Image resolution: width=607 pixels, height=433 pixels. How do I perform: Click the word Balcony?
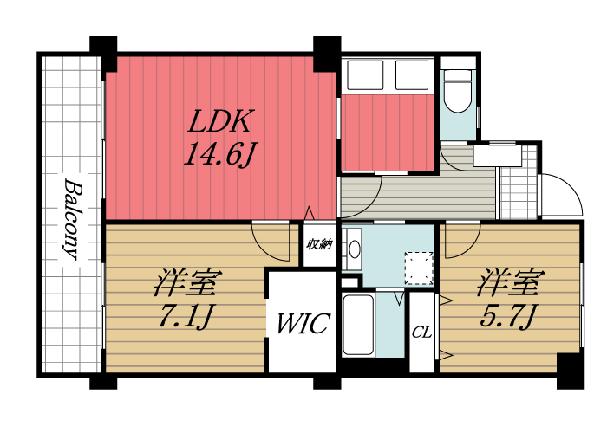(x=72, y=220)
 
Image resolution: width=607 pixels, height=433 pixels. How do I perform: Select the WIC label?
(x=303, y=325)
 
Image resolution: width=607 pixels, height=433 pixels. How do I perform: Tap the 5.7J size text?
(x=511, y=316)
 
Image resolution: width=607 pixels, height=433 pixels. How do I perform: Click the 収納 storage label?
(x=319, y=244)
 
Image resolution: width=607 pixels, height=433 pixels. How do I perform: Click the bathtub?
(x=358, y=325)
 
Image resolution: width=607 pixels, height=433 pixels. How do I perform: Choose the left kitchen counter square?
(x=362, y=74)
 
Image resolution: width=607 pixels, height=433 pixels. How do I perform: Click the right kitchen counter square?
(x=412, y=74)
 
